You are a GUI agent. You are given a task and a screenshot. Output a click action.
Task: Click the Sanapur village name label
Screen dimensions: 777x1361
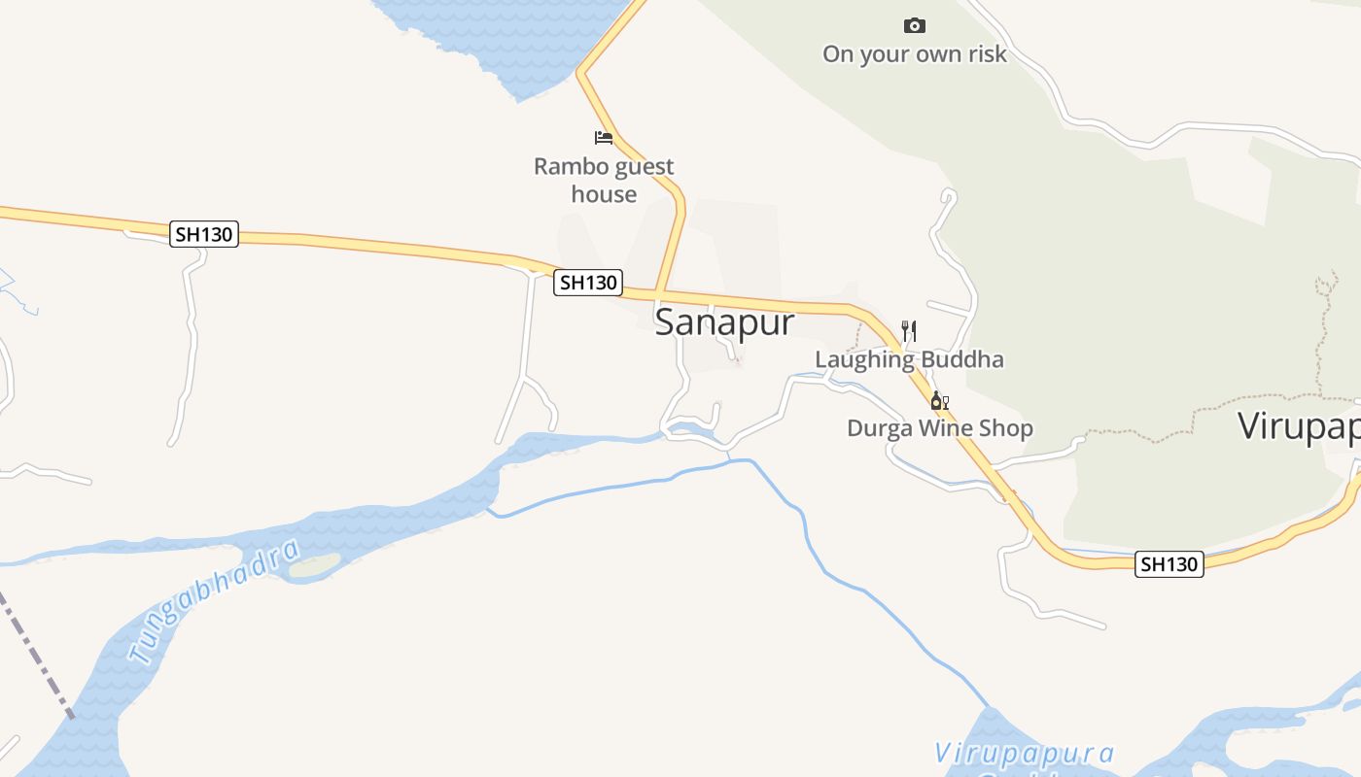[x=724, y=322]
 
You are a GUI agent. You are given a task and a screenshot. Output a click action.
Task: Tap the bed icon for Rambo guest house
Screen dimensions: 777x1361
[x=604, y=138]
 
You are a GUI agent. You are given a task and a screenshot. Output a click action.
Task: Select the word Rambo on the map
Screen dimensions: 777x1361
[x=563, y=167]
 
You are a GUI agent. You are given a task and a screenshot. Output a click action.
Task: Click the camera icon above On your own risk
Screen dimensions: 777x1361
[x=914, y=26]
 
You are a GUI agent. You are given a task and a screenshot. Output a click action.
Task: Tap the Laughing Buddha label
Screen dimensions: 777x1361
[x=909, y=359]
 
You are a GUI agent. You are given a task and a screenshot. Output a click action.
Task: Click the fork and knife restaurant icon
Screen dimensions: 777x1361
[x=909, y=331]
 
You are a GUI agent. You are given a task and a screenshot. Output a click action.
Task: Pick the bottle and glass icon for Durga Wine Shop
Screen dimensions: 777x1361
[x=939, y=400]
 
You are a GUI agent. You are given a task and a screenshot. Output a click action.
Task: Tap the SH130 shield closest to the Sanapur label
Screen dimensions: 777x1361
[x=588, y=283]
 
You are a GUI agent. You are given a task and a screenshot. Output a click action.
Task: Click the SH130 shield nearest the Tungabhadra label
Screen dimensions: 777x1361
[x=204, y=234]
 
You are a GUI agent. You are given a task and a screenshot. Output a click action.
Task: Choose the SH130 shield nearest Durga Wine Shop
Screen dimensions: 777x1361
[x=1169, y=564]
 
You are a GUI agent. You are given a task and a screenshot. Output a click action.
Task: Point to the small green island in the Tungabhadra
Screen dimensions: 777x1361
[x=315, y=566]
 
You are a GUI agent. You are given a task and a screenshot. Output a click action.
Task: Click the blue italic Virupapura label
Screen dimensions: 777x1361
[x=1024, y=754]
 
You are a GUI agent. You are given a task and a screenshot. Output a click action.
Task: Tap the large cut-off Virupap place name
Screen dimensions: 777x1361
[x=1299, y=426]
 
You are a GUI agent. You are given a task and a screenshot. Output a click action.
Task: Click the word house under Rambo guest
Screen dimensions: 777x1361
[x=604, y=194]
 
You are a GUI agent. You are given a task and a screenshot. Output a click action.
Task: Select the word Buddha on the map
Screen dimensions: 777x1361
[x=961, y=359]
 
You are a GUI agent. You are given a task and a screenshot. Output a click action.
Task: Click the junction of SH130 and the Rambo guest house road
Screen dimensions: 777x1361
[x=658, y=292]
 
